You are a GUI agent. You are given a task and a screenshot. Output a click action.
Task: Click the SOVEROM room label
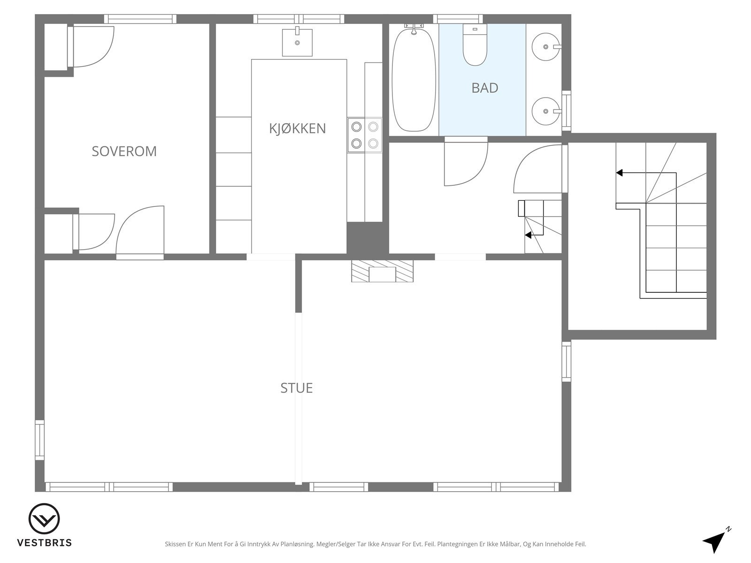coord(124,151)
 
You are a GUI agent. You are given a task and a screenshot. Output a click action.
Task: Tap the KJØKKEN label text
coord(297,128)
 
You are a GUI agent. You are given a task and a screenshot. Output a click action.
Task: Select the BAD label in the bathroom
coord(484,88)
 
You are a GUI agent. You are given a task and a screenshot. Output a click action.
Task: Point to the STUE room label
coord(297,388)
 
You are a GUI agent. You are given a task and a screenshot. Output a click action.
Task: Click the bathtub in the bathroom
coord(414,80)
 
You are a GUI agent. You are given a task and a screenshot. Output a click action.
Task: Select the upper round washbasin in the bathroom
coord(546,47)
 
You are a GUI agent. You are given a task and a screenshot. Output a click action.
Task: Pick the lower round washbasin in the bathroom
coord(546,111)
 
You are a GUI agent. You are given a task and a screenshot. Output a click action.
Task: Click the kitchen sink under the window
coord(297,42)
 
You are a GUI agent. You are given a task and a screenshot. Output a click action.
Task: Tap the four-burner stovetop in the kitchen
coord(365,135)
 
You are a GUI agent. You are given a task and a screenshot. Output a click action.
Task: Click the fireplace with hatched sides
coord(382,271)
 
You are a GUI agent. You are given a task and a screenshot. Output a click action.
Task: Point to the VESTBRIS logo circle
coord(44,519)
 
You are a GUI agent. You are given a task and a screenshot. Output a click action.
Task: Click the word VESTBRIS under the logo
coord(45,542)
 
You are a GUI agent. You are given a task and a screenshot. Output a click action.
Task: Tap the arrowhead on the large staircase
coord(619,173)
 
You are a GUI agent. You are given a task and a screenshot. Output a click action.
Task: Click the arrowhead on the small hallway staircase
coord(528,235)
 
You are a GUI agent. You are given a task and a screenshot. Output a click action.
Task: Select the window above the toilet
coord(458,19)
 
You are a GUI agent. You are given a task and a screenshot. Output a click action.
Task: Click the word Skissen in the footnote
coord(176,544)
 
